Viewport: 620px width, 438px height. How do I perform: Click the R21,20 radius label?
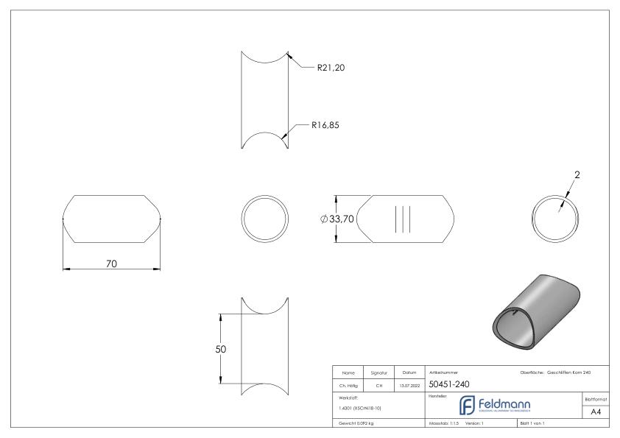(x=331, y=68)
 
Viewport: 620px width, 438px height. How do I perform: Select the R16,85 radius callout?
(x=325, y=125)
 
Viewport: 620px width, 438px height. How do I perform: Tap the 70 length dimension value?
(x=111, y=264)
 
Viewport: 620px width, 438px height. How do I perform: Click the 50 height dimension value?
(x=220, y=349)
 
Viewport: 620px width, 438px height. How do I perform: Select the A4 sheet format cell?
(x=597, y=412)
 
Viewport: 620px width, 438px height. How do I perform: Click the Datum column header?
(x=410, y=372)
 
